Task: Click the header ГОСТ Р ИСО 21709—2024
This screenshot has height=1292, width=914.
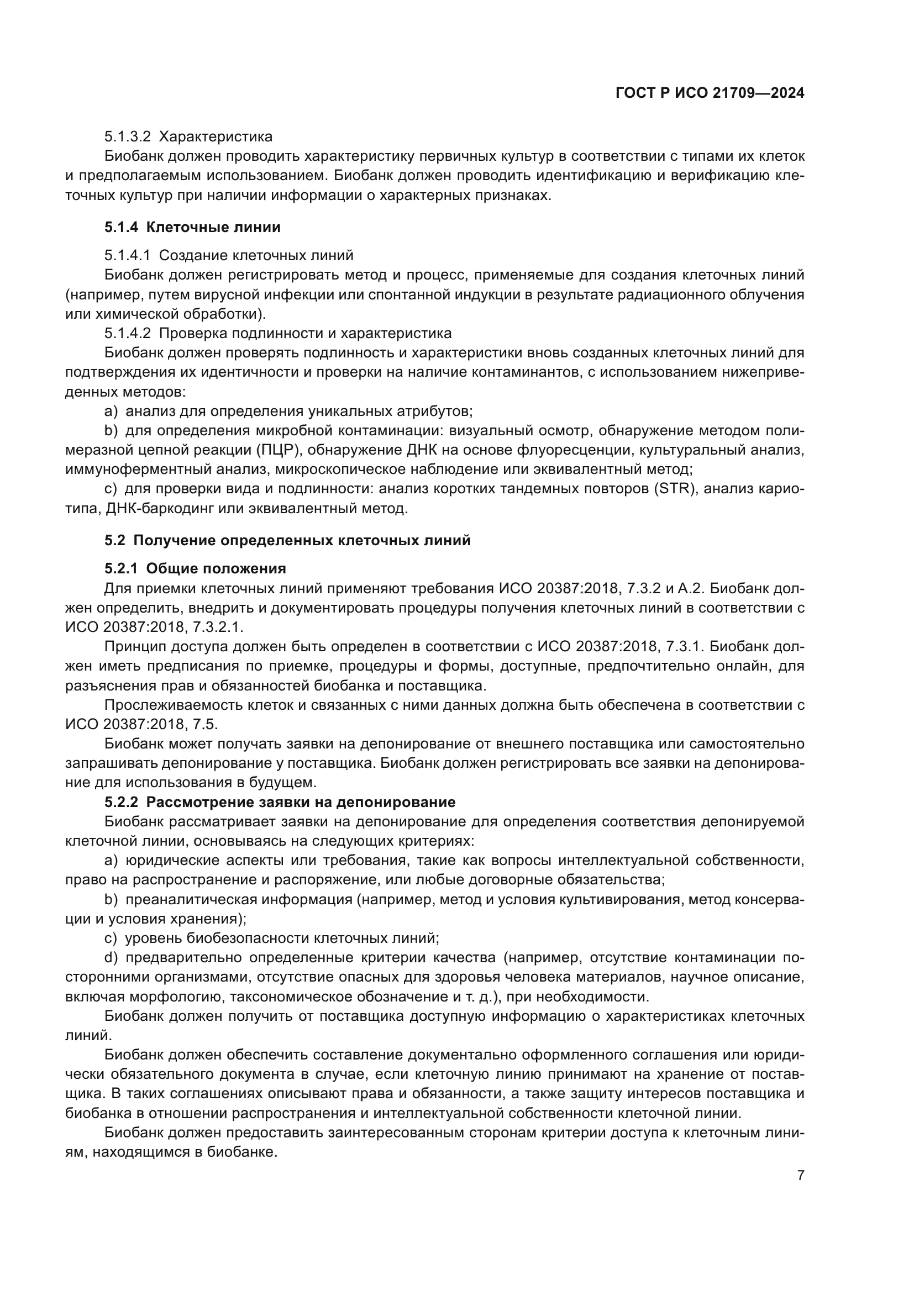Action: click(x=710, y=93)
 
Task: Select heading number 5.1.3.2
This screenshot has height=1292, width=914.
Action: click(x=127, y=137)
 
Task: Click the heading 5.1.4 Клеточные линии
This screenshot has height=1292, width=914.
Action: click(x=192, y=228)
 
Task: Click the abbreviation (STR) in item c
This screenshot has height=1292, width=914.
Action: click(x=675, y=489)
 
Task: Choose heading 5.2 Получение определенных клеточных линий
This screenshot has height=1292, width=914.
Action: click(x=287, y=541)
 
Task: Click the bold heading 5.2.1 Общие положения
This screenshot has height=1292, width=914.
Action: click(x=195, y=568)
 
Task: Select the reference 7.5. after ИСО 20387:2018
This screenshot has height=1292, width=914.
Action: click(x=206, y=724)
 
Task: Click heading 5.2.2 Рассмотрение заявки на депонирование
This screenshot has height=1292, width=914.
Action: click(x=280, y=802)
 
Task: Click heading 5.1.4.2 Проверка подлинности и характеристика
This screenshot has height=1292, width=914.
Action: click(x=277, y=333)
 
